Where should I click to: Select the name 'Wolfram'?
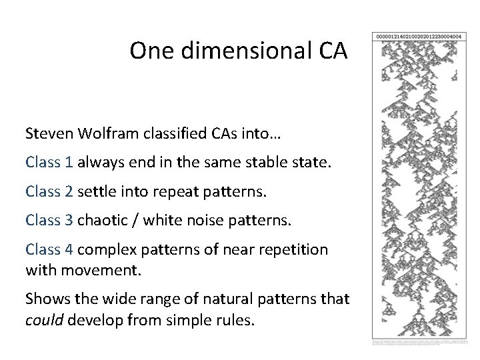[x=101, y=134]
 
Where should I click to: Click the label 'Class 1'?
[x=49, y=163]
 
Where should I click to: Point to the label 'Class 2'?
[x=49, y=192]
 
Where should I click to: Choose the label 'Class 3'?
[x=49, y=221]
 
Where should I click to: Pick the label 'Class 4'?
[x=49, y=250]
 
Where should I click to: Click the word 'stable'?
[x=256, y=163]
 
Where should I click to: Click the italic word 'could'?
[x=43, y=320]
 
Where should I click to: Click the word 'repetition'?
[x=297, y=250]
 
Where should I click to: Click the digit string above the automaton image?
[x=419, y=36]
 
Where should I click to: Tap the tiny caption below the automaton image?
[x=419, y=341]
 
